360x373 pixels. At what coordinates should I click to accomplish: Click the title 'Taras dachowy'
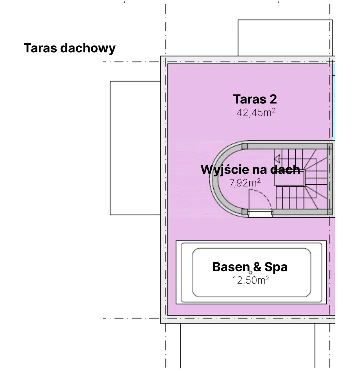point(70,48)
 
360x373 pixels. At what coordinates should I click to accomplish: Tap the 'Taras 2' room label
point(255,99)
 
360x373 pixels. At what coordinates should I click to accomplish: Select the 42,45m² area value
point(256,112)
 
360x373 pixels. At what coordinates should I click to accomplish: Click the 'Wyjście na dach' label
point(250,170)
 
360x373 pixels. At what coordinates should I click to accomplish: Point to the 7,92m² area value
point(245,183)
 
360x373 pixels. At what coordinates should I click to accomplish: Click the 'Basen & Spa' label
point(250,267)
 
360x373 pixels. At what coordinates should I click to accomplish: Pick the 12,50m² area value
point(251,280)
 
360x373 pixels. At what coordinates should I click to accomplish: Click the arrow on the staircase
point(277,159)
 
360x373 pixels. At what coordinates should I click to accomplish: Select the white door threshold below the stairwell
point(260,213)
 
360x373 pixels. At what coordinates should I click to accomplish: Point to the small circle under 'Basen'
point(250,273)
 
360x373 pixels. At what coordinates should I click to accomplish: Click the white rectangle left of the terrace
point(135,148)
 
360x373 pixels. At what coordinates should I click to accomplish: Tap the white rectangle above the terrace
point(285,38)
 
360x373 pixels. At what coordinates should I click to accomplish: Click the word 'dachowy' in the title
point(88,48)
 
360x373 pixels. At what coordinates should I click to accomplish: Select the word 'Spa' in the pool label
point(276,267)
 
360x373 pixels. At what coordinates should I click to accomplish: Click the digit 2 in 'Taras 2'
point(273,99)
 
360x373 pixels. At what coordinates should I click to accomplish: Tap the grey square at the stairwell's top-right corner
point(330,146)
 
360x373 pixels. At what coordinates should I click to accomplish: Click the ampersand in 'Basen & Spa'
point(257,267)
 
